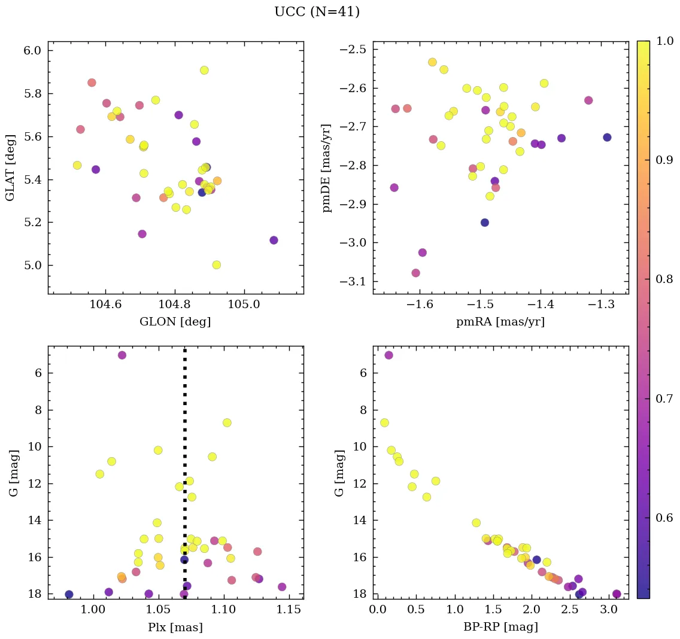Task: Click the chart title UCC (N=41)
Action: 317,12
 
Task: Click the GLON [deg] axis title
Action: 175,322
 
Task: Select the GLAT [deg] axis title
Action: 10,168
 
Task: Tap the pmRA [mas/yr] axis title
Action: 500,322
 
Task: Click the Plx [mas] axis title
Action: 175,627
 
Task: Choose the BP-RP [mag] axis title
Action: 500,627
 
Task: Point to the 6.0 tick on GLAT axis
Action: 33,50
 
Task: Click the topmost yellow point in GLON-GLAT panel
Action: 204,70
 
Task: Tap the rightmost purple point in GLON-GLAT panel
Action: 274,240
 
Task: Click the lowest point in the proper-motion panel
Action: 415,273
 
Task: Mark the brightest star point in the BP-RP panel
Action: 388,355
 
